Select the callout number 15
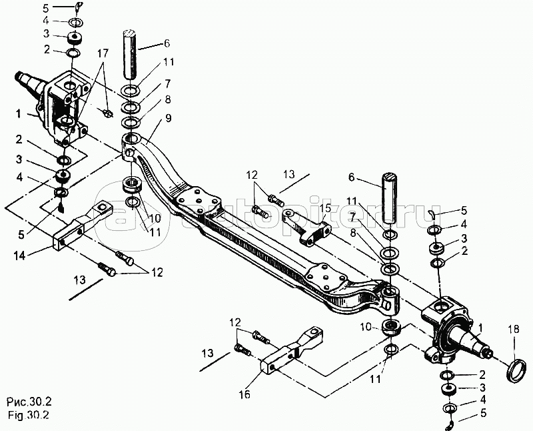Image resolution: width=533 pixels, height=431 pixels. pyautogui.click(x=324, y=209)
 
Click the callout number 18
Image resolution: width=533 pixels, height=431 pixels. pyautogui.click(x=514, y=329)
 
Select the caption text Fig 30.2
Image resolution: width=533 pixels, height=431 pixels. pyautogui.click(x=27, y=414)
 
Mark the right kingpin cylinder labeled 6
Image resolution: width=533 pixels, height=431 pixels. pyautogui.click(x=390, y=198)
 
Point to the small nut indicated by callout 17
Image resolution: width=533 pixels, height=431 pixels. pyautogui.click(x=107, y=112)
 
